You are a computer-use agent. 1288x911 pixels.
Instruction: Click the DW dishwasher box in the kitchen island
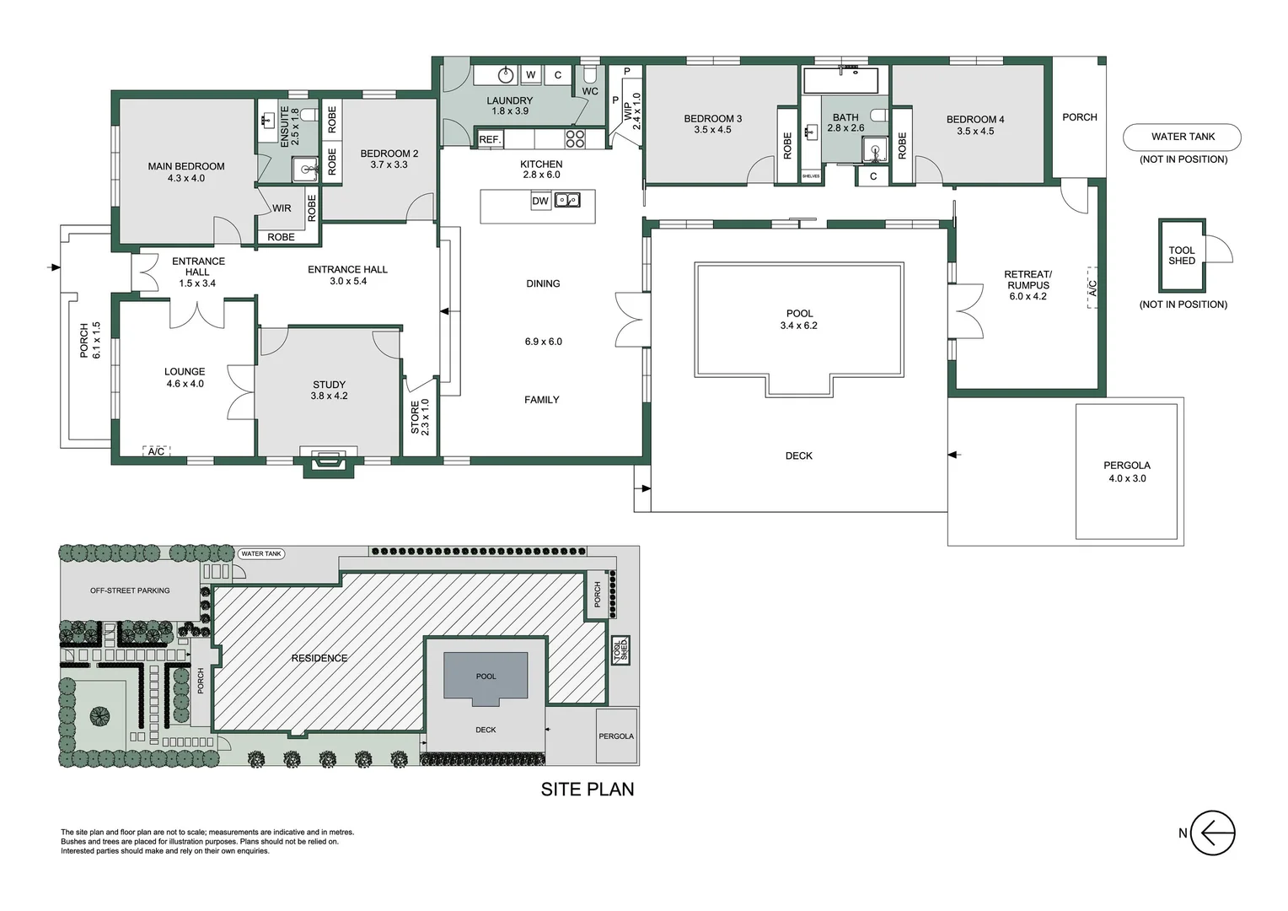[x=540, y=201]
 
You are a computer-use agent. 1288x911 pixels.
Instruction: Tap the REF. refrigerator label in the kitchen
[x=490, y=139]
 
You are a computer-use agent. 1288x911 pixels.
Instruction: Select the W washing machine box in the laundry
[x=531, y=75]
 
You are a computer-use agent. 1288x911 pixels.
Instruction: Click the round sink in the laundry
[x=506, y=74]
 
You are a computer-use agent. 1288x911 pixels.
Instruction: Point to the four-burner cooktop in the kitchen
[x=575, y=138]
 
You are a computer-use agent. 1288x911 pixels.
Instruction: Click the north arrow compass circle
[x=1213, y=833]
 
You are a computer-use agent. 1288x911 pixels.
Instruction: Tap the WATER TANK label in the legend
[x=1183, y=137]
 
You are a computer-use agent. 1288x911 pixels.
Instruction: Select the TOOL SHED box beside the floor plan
[x=1182, y=256]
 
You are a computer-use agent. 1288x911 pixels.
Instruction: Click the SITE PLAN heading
[x=587, y=789]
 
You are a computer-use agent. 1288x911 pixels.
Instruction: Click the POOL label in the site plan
[x=486, y=677]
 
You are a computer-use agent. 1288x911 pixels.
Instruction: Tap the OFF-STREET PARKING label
[x=130, y=590]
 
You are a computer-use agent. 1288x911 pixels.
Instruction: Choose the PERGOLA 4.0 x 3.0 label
[x=1127, y=472]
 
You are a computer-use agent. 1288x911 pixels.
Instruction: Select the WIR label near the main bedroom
[x=282, y=208]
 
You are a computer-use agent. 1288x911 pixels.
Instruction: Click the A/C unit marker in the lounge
[x=157, y=451]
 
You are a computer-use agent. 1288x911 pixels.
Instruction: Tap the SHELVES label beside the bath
[x=811, y=176]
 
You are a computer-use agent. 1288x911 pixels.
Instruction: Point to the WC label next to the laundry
[x=590, y=91]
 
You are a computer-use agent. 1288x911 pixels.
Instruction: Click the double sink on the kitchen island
[x=567, y=200]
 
